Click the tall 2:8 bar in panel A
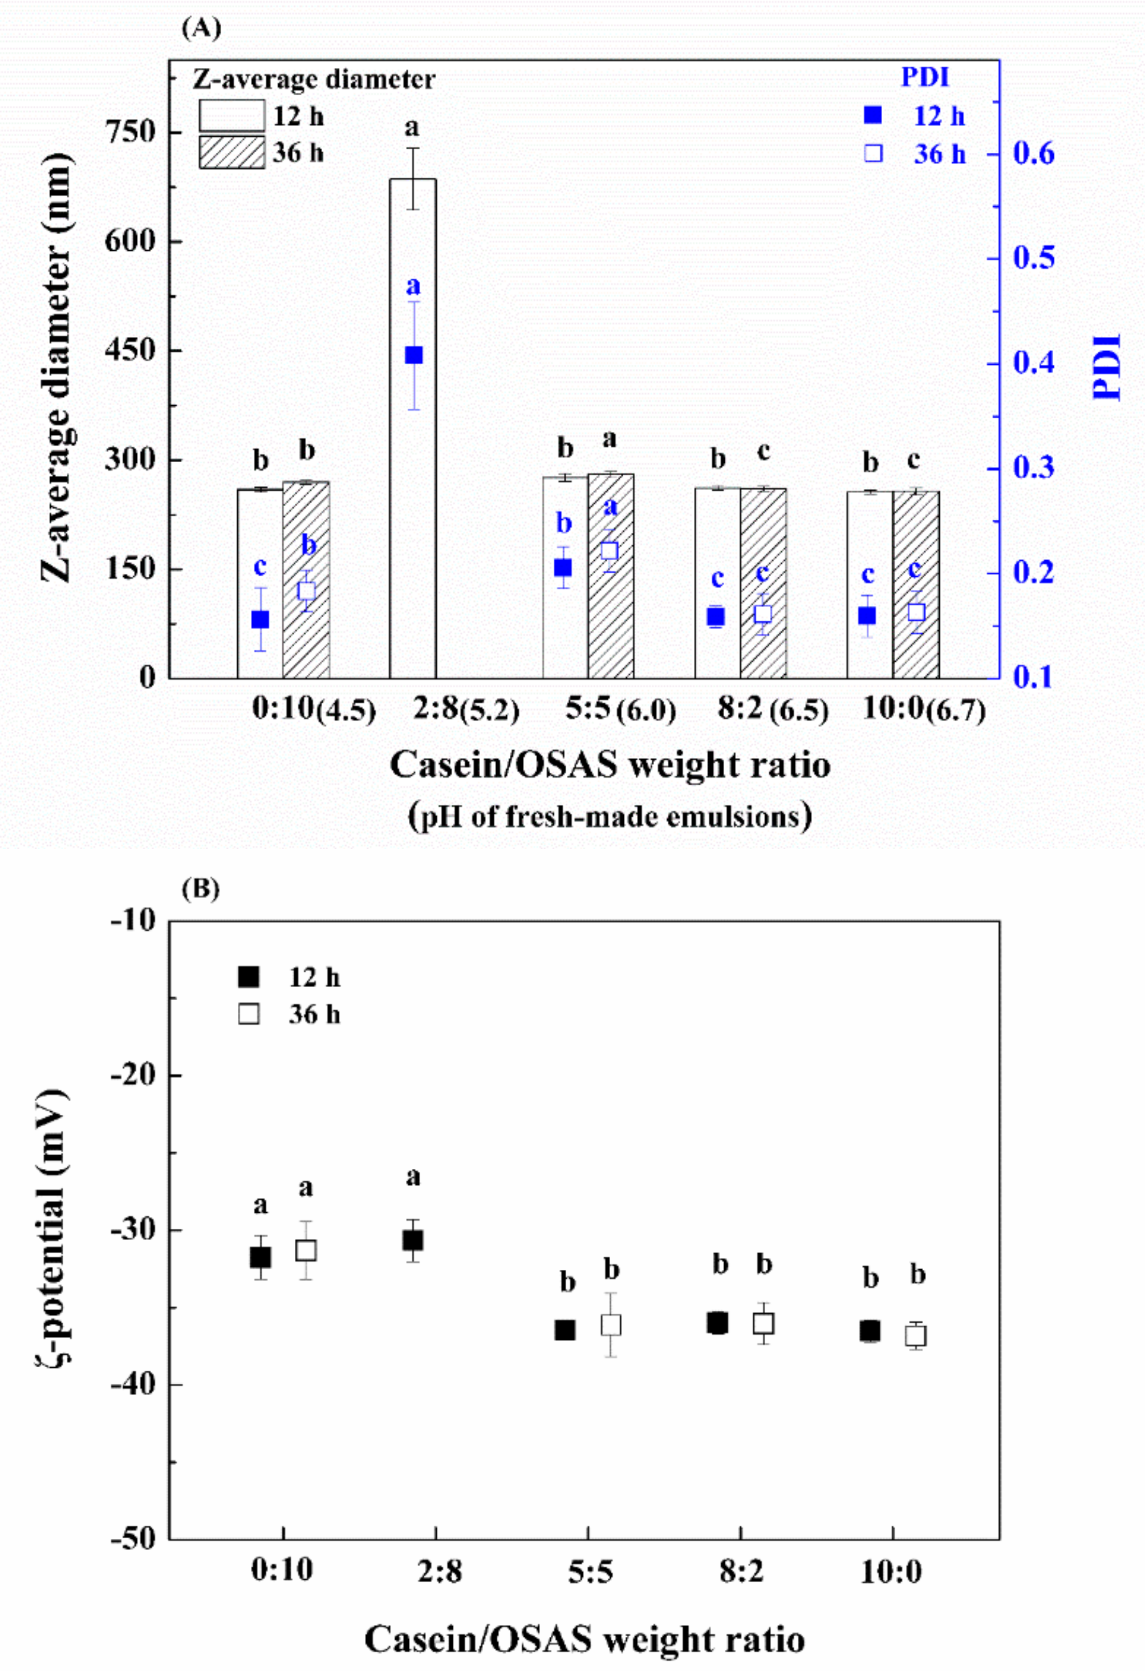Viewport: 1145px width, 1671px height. pos(413,431)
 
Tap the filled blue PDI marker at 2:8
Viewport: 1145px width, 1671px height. pos(413,354)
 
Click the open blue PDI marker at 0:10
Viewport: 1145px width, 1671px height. pos(306,590)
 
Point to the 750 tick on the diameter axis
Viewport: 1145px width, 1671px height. pos(130,132)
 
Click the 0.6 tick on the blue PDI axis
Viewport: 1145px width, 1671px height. pos(1033,153)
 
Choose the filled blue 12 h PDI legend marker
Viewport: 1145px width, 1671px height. pos(873,116)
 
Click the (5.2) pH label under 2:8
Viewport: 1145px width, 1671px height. pos(490,712)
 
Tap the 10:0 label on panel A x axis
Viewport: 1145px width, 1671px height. pos(892,708)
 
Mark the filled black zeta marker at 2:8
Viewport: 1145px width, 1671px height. pos(413,1240)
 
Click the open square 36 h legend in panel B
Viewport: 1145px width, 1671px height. pos(249,1014)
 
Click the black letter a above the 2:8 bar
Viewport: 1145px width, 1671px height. pos(411,128)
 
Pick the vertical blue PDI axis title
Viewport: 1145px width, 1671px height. pos(1106,366)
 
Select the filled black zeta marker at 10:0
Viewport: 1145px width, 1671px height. pos(870,1330)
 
